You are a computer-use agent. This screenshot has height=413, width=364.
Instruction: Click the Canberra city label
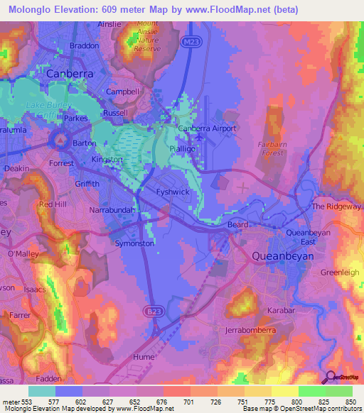[70, 73]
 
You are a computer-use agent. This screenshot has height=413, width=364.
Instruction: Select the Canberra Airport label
[206, 128]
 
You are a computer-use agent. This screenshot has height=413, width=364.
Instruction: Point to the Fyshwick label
[171, 192]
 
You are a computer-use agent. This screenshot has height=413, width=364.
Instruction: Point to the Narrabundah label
[111, 211]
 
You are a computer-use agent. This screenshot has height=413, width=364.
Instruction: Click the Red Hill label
[52, 204]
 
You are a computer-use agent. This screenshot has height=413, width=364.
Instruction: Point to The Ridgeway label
[336, 206]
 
